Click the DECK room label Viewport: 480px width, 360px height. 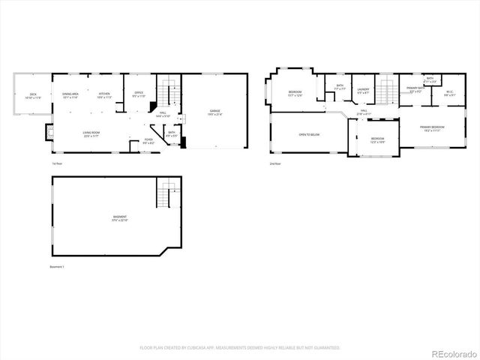coord(32,95)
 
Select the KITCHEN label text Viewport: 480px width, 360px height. coord(103,94)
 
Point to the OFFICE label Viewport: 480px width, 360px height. coord(139,94)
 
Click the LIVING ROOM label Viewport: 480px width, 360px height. coord(91,133)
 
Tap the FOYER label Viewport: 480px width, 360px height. coord(148,140)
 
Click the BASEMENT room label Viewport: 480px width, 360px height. coord(120,219)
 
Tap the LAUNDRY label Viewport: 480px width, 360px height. coord(363,89)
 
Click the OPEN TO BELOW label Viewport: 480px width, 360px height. coord(309,134)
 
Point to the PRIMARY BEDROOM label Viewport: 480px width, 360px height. coord(432,128)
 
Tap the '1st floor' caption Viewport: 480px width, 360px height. coord(57,163)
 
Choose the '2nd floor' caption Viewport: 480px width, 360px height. coord(275,163)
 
